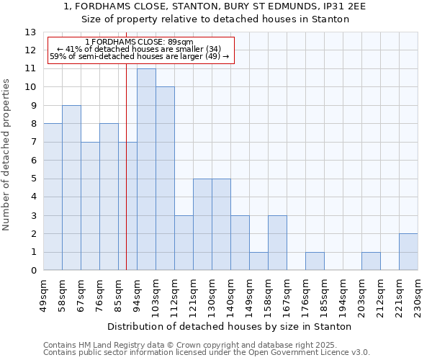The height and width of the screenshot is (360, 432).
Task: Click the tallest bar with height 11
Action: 146,169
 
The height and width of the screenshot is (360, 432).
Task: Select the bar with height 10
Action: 165,179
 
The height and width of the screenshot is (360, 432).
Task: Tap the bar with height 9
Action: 71,188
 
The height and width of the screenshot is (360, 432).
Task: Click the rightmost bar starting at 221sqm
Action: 408,252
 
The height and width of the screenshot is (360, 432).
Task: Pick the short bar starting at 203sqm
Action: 371,261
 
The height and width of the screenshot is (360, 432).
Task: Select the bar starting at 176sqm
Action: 315,261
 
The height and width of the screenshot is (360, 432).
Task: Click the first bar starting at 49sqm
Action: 53,197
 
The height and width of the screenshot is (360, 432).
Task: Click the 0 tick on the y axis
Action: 33,271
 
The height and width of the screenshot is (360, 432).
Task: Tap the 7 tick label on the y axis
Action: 33,143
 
